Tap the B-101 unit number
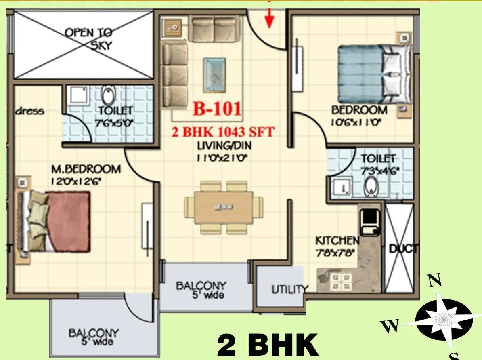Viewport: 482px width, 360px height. pyautogui.click(x=217, y=109)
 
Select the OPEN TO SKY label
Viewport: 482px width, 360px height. pyautogui.click(x=88, y=38)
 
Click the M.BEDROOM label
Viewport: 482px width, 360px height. pyautogui.click(x=86, y=168)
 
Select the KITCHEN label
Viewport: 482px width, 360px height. pyautogui.click(x=337, y=241)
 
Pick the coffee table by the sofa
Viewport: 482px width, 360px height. pyautogui.click(x=214, y=74)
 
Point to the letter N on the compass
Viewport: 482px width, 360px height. pyautogui.click(x=434, y=280)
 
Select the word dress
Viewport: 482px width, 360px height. pyautogui.click(x=30, y=111)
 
